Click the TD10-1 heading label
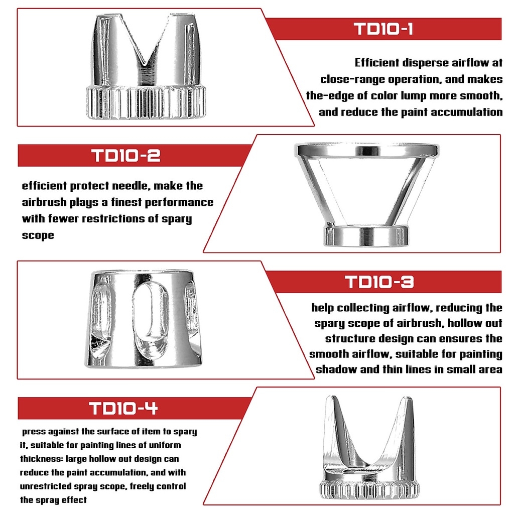(383, 29)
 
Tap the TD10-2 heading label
(126, 156)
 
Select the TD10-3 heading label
(379, 282)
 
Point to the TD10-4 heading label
(123, 408)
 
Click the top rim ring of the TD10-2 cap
(367, 149)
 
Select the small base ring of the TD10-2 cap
(366, 236)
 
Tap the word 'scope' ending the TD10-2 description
(38, 235)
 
